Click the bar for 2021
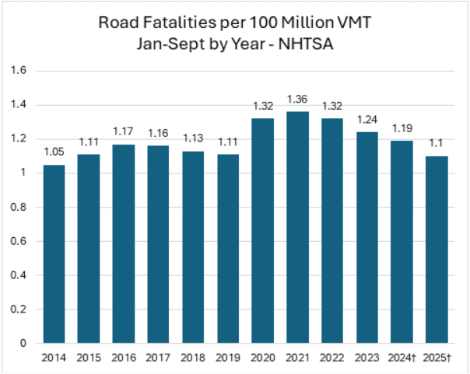pos(297,227)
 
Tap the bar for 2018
pos(193,247)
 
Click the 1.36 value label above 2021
pos(297,99)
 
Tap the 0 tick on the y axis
pos(23,344)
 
